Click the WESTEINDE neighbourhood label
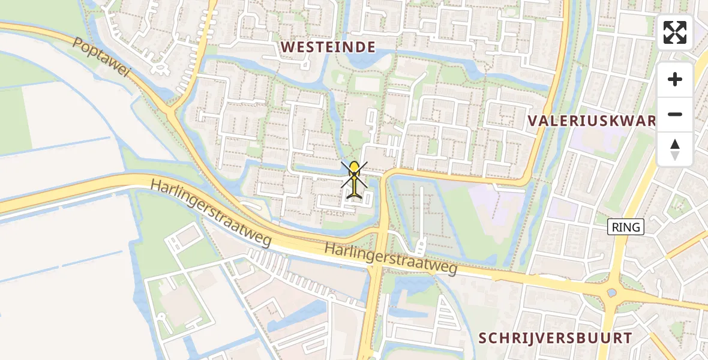coord(328,47)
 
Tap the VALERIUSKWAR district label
coord(592,120)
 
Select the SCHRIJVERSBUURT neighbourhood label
coord(555,338)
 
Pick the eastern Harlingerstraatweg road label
coord(391,259)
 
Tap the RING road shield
coord(626,227)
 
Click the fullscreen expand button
coord(675,32)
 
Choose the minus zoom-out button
coord(675,114)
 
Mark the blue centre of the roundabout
coord(611,293)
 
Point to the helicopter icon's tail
coord(355,193)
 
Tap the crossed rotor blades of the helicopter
coord(355,174)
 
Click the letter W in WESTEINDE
coord(288,47)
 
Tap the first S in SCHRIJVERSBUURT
coord(483,338)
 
